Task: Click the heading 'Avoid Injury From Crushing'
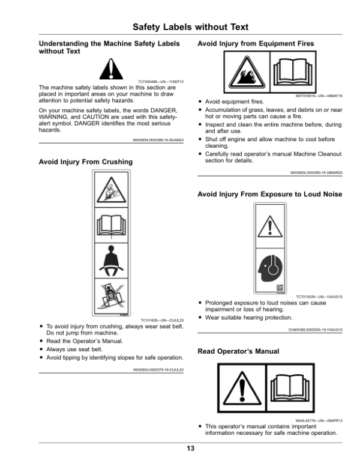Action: [86, 162]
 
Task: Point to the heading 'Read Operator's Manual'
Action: [238, 351]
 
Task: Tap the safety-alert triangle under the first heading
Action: [110, 69]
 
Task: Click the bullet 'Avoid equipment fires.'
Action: [229, 102]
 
